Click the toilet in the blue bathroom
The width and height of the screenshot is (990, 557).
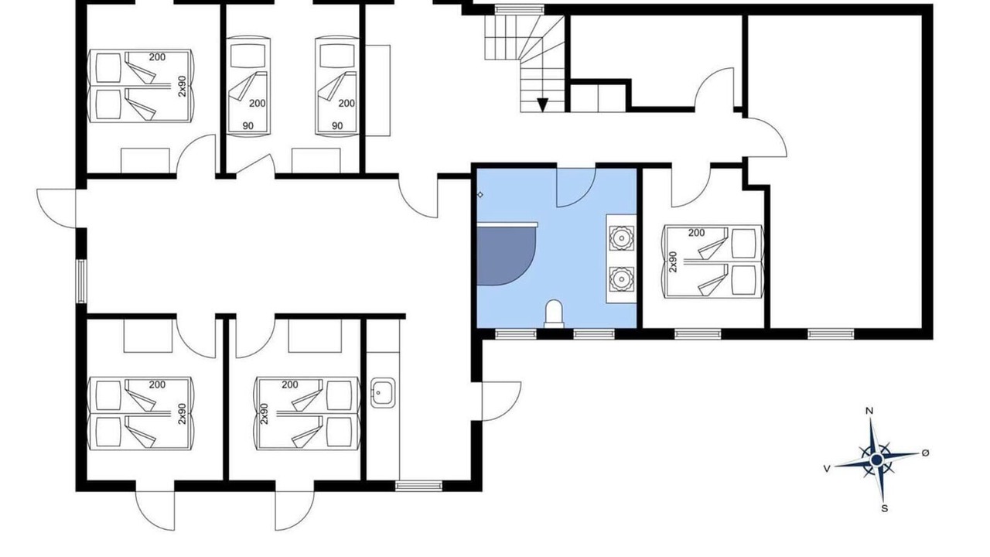coord(555,314)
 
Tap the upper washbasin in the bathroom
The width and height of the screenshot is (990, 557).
coord(621,238)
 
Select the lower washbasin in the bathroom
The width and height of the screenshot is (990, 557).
coord(621,279)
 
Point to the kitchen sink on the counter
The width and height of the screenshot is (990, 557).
coord(383,392)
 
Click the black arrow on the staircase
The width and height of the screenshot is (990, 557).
coord(542,104)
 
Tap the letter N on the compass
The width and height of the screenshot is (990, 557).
coord(869,411)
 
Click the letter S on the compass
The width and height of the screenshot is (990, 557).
coord(884,508)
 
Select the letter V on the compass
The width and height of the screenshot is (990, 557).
coord(827,469)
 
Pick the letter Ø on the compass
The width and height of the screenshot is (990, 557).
coord(926,453)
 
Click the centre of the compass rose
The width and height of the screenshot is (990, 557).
coord(876,460)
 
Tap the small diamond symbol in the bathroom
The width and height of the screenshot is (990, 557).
coord(480,194)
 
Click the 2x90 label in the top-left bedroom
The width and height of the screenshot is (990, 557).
coord(182,86)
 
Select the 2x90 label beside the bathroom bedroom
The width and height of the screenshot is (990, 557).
coord(673,261)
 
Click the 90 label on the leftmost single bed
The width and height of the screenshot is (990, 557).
coord(248,126)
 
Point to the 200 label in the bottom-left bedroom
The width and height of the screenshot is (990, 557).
coord(157,384)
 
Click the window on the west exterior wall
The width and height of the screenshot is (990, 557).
coord(81,281)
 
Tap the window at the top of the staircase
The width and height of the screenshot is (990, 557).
coord(519,9)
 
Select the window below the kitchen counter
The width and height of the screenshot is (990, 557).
coord(418,487)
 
